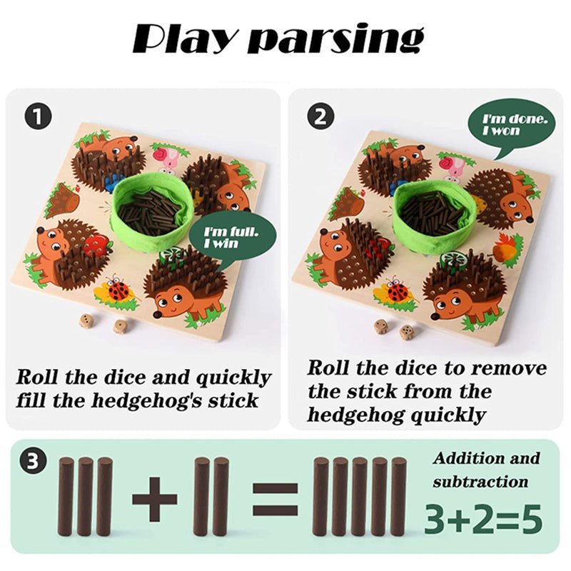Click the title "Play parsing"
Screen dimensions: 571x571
pos(278,39)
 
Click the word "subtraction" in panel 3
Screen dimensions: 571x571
pos(480,482)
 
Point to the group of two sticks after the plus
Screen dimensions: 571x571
pos(211,497)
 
